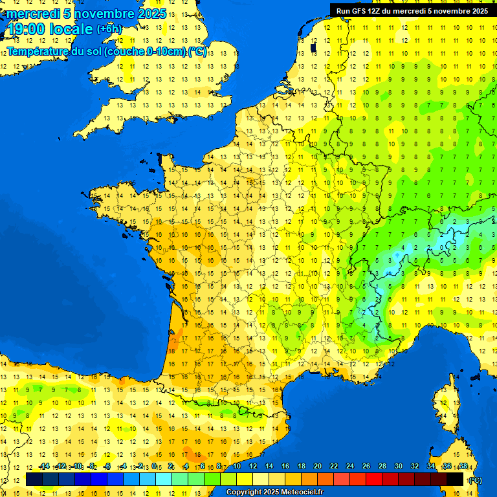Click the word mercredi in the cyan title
(32, 14)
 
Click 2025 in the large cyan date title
(151, 14)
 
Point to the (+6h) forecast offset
(108, 28)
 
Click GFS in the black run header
(366, 11)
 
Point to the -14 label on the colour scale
(44, 467)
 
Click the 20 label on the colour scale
(317, 467)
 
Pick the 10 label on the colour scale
(237, 467)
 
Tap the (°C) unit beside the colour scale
(476, 480)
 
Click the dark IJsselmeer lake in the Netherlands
(312, 47)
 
